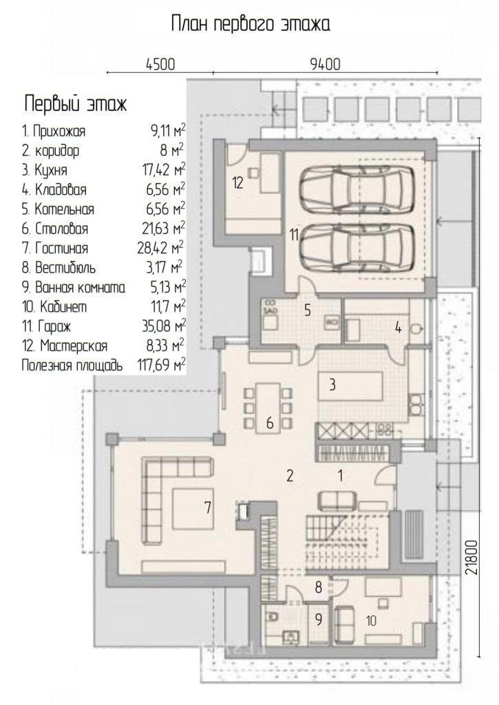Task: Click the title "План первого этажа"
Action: tap(251, 24)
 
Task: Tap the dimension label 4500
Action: tap(160, 64)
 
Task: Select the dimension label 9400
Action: tap(326, 64)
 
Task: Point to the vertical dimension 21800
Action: tap(471, 557)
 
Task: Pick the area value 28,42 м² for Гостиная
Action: tap(160, 247)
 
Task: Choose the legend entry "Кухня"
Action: tap(51, 170)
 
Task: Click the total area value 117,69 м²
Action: tap(161, 364)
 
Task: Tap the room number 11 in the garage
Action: tap(294, 235)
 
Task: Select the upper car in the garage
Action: tap(357, 187)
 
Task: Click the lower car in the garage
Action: tap(357, 248)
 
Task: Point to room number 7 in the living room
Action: tap(207, 507)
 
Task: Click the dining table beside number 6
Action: tap(270, 408)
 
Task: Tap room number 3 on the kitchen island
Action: tap(332, 385)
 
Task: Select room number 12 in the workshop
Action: tap(238, 182)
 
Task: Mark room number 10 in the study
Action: tap(371, 621)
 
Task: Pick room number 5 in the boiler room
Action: tap(308, 311)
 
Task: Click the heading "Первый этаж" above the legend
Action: tap(75, 104)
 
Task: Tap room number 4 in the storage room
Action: tap(399, 328)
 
